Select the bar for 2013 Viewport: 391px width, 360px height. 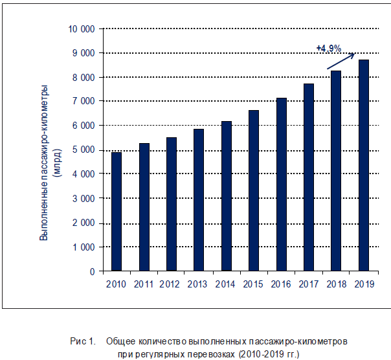coord(199,200)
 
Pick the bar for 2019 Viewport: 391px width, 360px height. coord(364,165)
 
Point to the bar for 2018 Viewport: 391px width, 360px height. coord(337,171)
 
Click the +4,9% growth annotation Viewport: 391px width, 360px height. coord(328,48)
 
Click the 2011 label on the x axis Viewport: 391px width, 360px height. coord(144,284)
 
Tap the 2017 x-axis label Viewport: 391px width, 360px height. coord(309,284)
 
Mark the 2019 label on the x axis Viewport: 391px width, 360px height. coord(364,284)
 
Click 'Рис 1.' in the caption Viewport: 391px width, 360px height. coord(82,341)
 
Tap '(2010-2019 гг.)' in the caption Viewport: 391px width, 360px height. coord(269,354)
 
